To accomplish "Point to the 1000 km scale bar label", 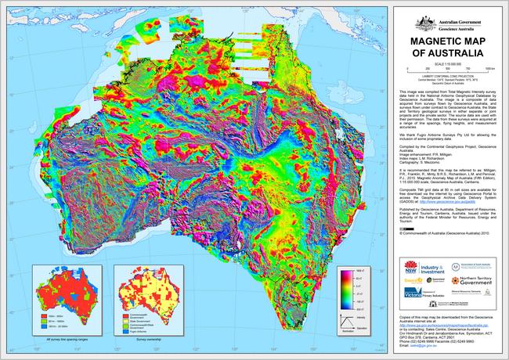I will pos(490,69).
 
